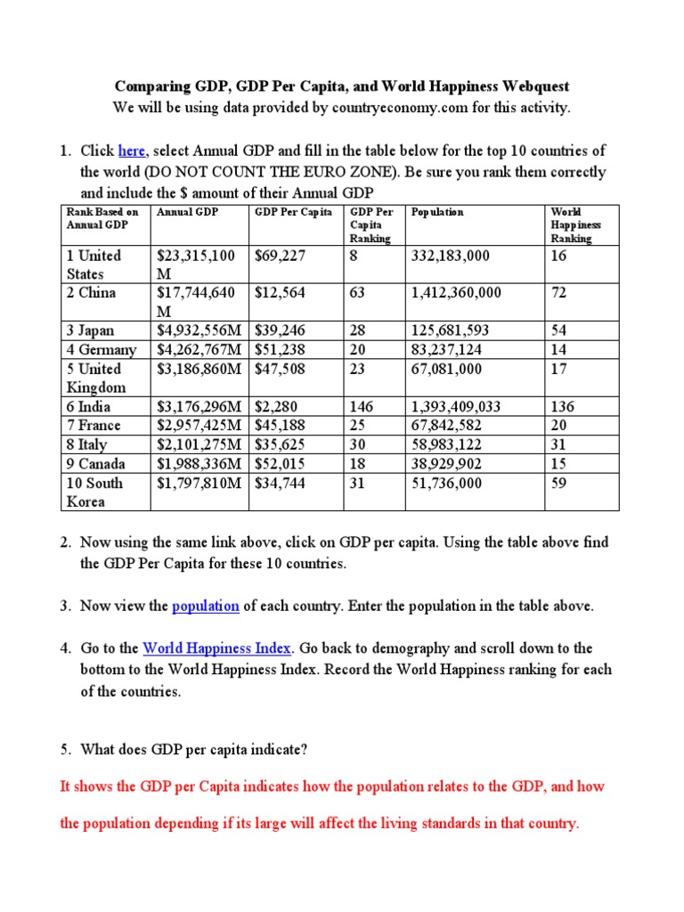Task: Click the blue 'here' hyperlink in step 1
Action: coord(132,151)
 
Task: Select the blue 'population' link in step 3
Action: coord(206,606)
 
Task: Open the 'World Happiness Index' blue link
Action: coord(216,648)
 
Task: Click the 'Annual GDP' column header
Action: coord(187,212)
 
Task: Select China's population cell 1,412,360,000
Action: coord(456,293)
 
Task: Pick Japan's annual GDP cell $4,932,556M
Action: coord(201,330)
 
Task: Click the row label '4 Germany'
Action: coord(102,349)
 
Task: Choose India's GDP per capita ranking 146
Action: coord(362,406)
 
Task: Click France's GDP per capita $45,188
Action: coord(281,425)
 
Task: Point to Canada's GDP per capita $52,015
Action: coord(281,463)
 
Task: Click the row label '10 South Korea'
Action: coord(94,492)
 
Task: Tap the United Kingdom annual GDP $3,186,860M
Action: coord(201,368)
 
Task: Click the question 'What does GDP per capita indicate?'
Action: coord(193,750)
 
